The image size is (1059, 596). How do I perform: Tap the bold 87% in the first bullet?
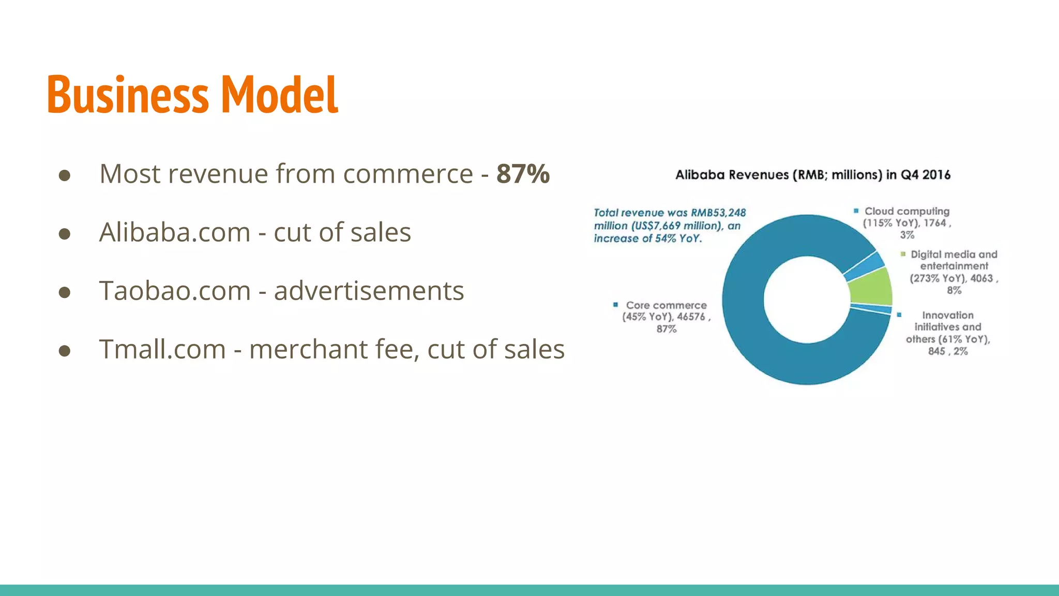point(523,174)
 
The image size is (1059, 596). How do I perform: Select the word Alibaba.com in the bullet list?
point(175,232)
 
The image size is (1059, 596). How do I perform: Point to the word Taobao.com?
point(175,291)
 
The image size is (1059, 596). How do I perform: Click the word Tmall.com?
point(162,349)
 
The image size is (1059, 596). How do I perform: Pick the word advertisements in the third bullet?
point(369,291)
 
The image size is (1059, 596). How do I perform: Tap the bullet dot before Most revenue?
point(65,175)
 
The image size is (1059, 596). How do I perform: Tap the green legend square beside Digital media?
point(903,254)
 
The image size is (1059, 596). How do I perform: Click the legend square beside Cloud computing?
point(856,211)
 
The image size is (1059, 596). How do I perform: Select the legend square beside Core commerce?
point(615,305)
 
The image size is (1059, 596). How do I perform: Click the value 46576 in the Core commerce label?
point(691,317)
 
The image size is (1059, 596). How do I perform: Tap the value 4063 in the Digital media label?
point(981,278)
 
